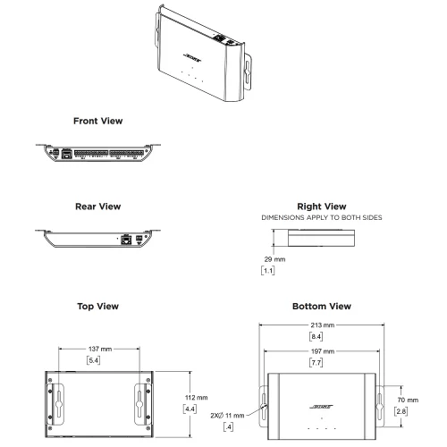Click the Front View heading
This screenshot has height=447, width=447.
[x=98, y=120]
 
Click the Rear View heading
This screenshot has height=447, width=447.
[x=98, y=207]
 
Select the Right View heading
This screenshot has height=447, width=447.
[x=320, y=207]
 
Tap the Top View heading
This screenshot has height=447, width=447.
[x=98, y=307]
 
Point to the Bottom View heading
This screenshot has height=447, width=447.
[x=320, y=307]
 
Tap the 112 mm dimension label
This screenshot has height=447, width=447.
[x=196, y=396]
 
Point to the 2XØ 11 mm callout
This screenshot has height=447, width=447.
[x=228, y=416]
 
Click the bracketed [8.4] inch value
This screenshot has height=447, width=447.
[x=317, y=336]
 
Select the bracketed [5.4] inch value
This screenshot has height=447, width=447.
[x=94, y=359]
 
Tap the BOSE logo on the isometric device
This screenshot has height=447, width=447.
[x=195, y=56]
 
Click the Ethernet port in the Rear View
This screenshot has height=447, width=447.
[x=129, y=239]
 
